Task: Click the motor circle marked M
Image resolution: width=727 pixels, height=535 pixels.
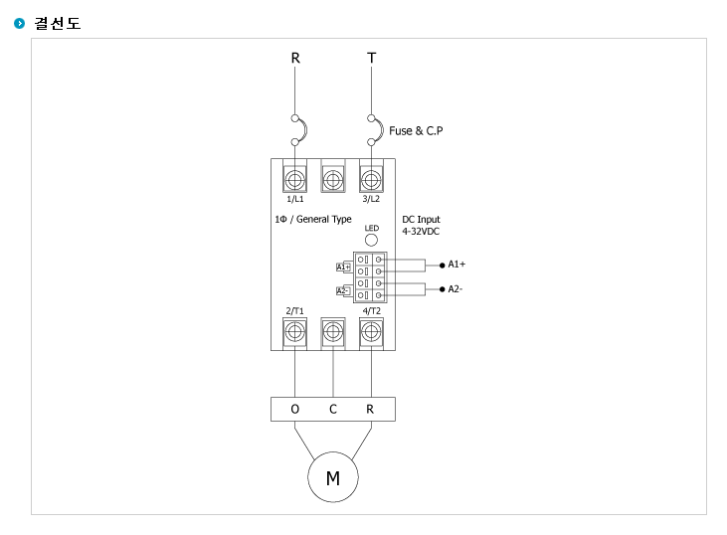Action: pyautogui.click(x=333, y=477)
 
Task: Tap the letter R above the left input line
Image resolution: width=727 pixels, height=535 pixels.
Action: pyautogui.click(x=295, y=58)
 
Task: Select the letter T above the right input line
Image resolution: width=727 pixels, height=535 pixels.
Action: pyautogui.click(x=371, y=58)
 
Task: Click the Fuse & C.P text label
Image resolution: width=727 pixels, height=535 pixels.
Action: pyautogui.click(x=416, y=131)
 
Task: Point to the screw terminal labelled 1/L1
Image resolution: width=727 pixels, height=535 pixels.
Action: pyautogui.click(x=295, y=179)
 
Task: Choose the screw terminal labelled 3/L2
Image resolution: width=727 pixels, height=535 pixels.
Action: pyautogui.click(x=371, y=179)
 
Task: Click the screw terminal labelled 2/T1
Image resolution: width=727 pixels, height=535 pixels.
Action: pyautogui.click(x=295, y=331)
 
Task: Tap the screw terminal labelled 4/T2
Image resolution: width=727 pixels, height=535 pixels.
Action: pyautogui.click(x=371, y=331)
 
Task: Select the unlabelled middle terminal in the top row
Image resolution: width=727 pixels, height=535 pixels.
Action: pyautogui.click(x=333, y=179)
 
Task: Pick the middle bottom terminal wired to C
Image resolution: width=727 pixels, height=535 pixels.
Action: pyautogui.click(x=333, y=331)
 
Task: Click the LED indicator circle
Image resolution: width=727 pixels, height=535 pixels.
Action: pyautogui.click(x=371, y=240)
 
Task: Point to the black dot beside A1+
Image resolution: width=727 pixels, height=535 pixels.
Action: pyautogui.click(x=442, y=266)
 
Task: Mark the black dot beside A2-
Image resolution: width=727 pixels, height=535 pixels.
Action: pyautogui.click(x=442, y=289)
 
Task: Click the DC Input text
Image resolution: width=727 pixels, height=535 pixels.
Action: pyautogui.click(x=421, y=220)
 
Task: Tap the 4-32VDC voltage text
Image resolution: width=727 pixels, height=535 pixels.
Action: pyautogui.click(x=421, y=232)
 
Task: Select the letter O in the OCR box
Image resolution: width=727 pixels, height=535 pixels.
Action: pyautogui.click(x=295, y=409)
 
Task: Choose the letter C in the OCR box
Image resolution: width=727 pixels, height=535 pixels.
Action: pyautogui.click(x=333, y=409)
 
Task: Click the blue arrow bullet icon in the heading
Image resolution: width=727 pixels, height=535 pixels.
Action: pyautogui.click(x=20, y=23)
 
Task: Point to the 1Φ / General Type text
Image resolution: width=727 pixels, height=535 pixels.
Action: pyautogui.click(x=313, y=220)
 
